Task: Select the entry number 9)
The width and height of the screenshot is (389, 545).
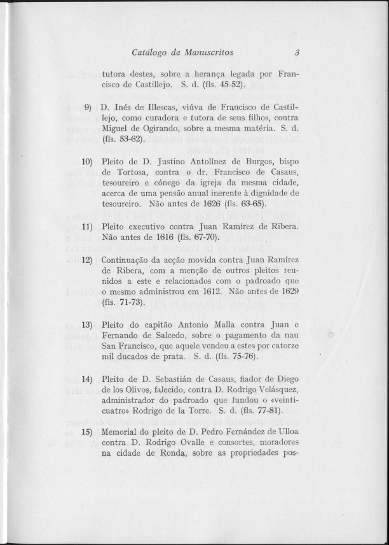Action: pyautogui.click(x=89, y=105)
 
